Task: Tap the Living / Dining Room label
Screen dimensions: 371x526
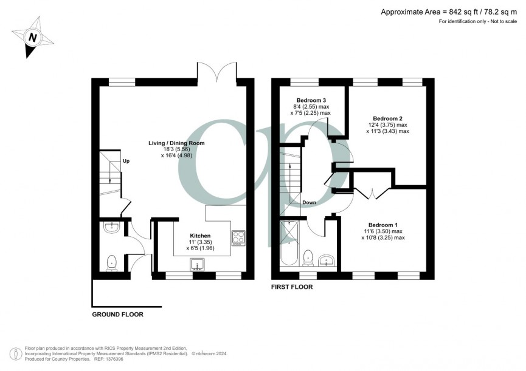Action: click(x=176, y=143)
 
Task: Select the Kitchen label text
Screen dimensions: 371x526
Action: click(x=200, y=236)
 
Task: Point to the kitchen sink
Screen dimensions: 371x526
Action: click(x=198, y=264)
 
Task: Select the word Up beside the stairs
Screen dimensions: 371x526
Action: click(x=126, y=162)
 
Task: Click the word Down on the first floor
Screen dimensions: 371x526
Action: click(x=309, y=203)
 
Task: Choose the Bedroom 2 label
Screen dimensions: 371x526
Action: click(x=387, y=118)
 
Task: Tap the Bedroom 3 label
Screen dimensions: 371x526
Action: click(x=311, y=100)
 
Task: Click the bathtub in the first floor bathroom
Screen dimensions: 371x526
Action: click(x=289, y=243)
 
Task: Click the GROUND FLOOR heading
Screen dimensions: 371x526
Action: click(x=117, y=315)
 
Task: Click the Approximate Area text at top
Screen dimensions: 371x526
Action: click(x=450, y=12)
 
